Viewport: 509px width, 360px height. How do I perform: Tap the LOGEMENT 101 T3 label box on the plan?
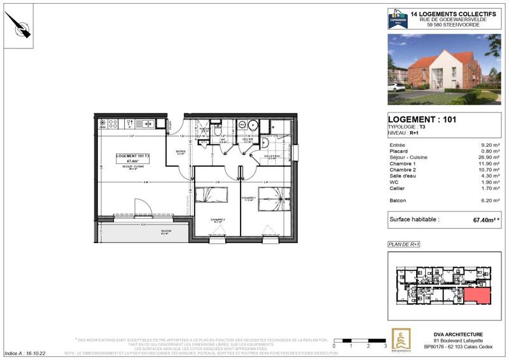pyautogui.click(x=133, y=159)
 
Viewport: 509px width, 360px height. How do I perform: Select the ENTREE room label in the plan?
pyautogui.click(x=180, y=152)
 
